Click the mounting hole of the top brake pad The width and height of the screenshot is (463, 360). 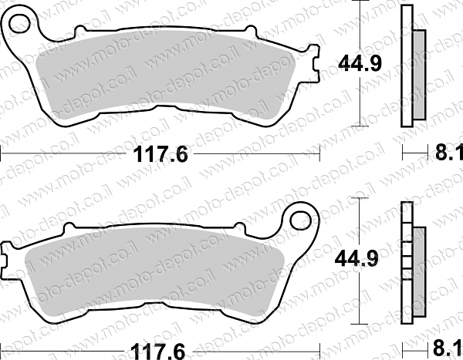(19, 23)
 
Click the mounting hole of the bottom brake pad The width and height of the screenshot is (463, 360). (301, 220)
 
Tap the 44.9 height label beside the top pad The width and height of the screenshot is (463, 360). (360, 63)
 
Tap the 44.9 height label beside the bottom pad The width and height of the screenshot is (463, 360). (357, 259)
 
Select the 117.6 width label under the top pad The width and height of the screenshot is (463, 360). (161, 154)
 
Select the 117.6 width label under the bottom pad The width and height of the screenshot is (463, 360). (158, 352)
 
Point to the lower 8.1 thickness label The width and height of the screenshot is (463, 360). (447, 348)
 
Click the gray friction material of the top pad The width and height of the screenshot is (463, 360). (165, 74)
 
